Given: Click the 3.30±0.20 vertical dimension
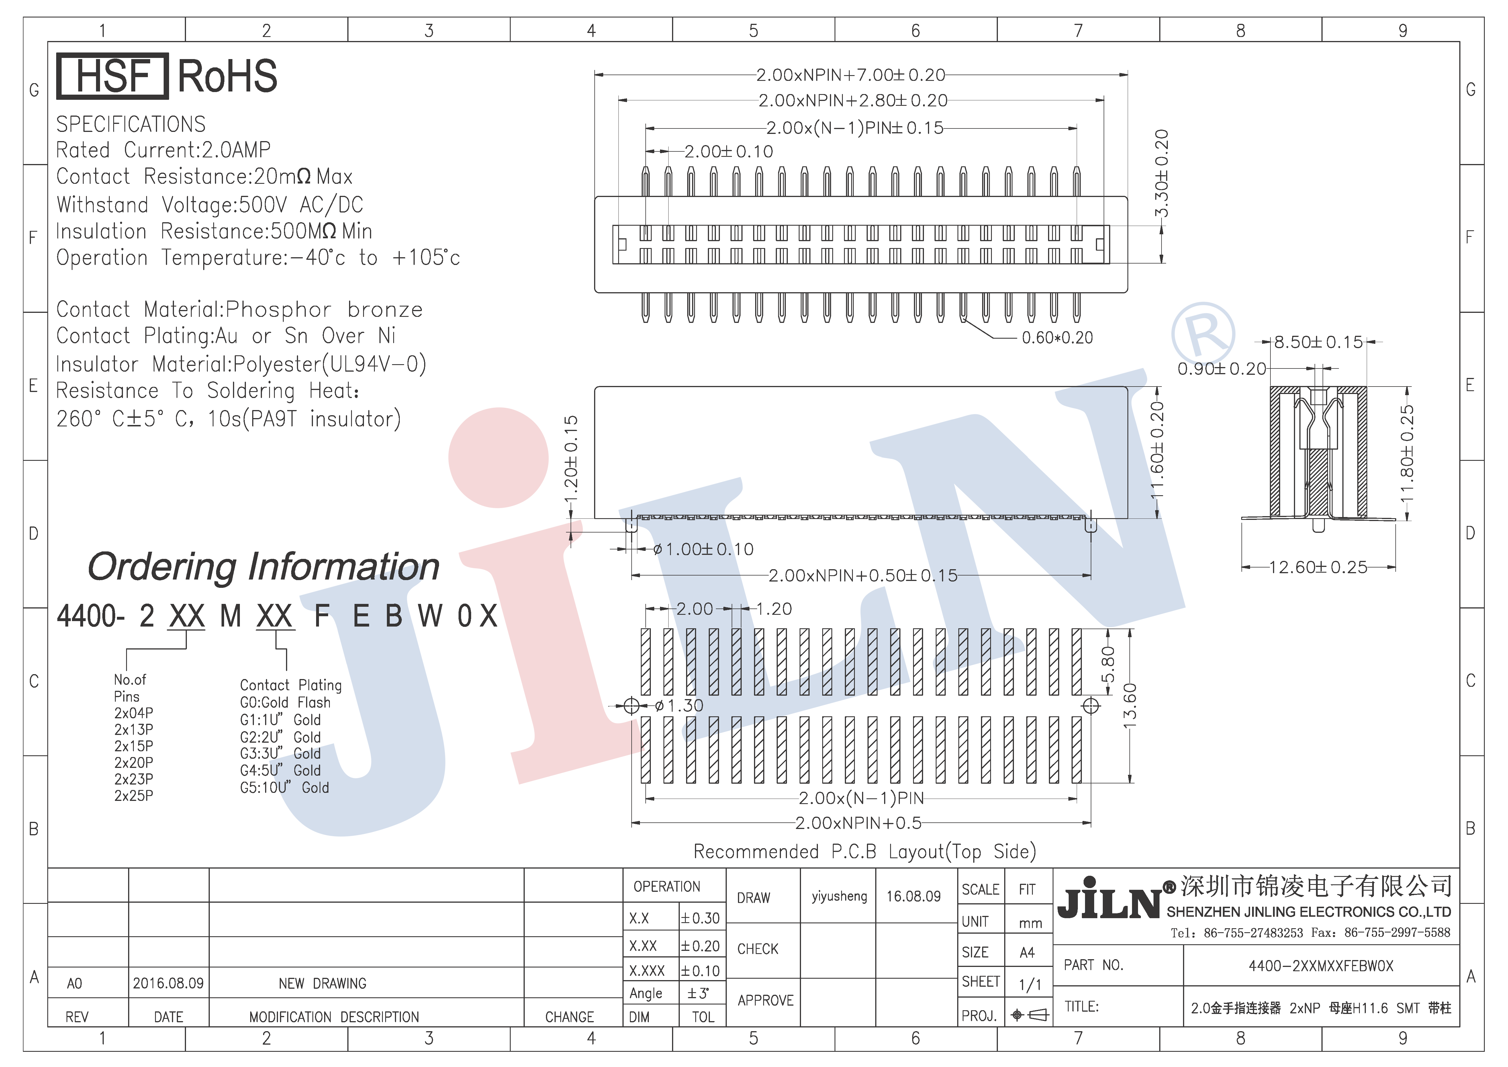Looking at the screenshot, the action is coord(1161,173).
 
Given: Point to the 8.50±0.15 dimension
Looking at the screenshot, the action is coord(1318,342).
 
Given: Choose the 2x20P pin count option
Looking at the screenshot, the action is coord(134,763).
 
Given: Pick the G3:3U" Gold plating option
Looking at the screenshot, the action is coord(281,754).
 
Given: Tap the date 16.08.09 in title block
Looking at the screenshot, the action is coord(914,896).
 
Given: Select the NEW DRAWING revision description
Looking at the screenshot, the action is coord(322,984).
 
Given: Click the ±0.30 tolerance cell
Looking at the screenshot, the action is coord(701,918).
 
